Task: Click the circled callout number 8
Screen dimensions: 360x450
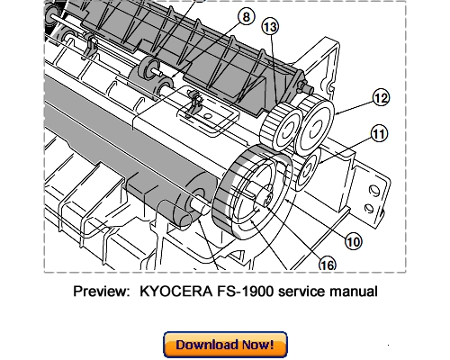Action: tap(244, 15)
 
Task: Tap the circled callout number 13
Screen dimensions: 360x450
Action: tap(271, 27)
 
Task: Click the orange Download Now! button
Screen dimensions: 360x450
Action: tap(224, 345)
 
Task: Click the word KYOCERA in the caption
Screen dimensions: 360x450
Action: tap(176, 292)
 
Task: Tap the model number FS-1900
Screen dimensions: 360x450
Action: tap(247, 292)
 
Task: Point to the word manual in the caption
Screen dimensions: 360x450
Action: tap(354, 292)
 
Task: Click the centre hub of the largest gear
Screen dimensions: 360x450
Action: tap(261, 193)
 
